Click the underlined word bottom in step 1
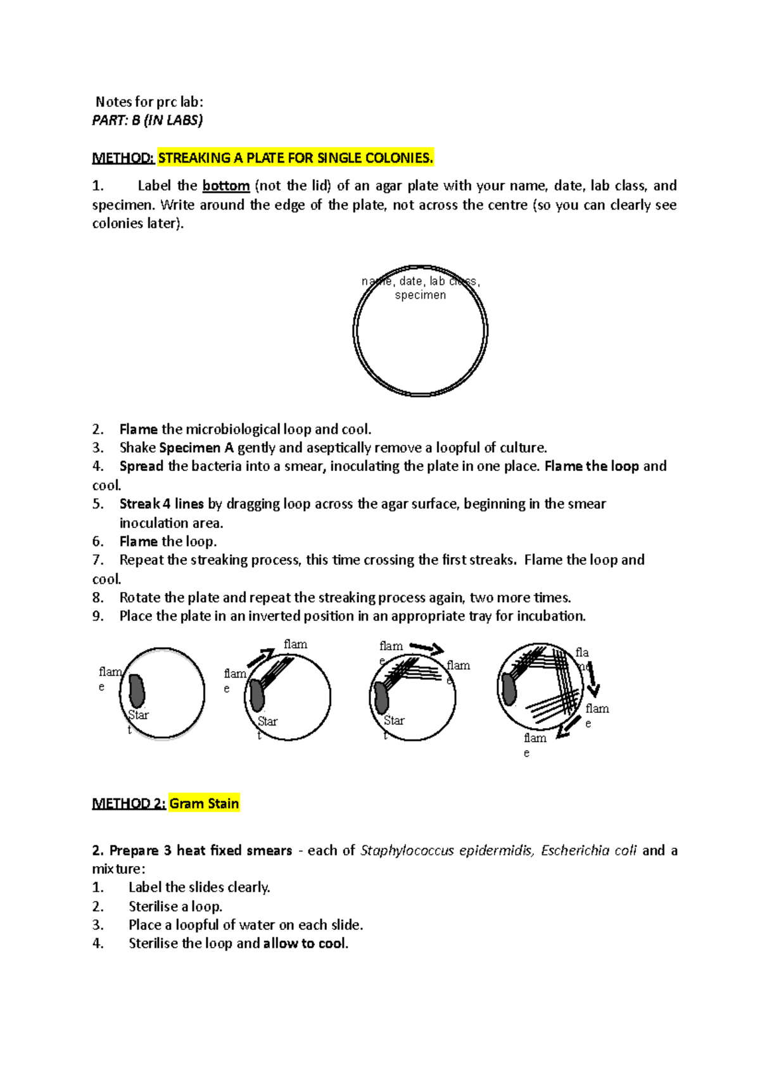pyautogui.click(x=225, y=186)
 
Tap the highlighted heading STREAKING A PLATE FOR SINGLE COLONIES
pyautogui.click(x=295, y=158)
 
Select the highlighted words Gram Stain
pyautogui.click(x=204, y=803)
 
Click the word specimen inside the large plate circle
pyautogui.click(x=421, y=295)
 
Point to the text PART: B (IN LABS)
pyautogui.click(x=148, y=120)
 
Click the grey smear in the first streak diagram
pyautogui.click(x=137, y=691)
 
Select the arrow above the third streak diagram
pyautogui.click(x=427, y=648)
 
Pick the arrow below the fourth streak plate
pyautogui.click(x=569, y=727)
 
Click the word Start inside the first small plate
pyautogui.click(x=137, y=715)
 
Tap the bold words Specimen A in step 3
pyautogui.click(x=196, y=448)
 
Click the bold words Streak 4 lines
pyautogui.click(x=161, y=504)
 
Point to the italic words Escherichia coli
pyautogui.click(x=588, y=850)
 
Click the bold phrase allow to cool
pyautogui.click(x=305, y=943)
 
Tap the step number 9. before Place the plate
pyautogui.click(x=98, y=616)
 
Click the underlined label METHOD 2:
pyautogui.click(x=129, y=803)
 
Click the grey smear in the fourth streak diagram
pyautogui.click(x=509, y=689)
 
